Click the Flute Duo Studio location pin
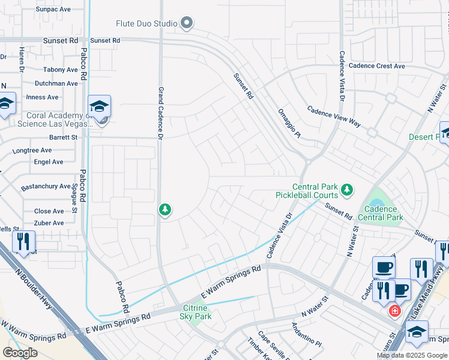tap(187, 23)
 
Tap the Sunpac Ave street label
tap(53, 10)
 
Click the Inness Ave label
tap(43, 97)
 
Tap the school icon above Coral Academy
tap(100, 106)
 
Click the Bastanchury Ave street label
tap(46, 187)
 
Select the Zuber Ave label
tap(49, 223)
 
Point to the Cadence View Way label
tap(334, 116)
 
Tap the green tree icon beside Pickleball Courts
tap(346, 190)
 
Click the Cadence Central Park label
tap(380, 212)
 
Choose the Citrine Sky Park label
tap(196, 312)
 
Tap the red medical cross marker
tap(394, 311)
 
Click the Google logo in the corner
tap(20, 353)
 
